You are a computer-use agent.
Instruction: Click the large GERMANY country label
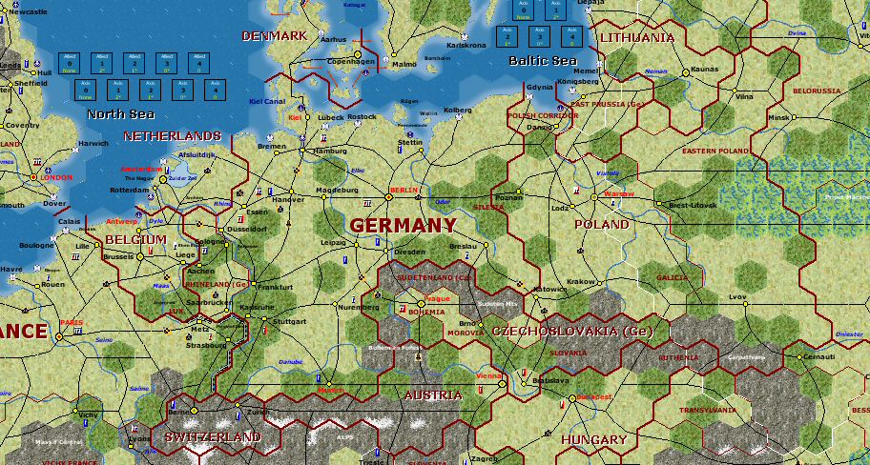tap(403, 226)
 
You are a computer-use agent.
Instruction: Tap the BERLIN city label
tap(404, 191)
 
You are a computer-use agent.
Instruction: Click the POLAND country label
tap(601, 225)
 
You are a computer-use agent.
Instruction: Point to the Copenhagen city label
tap(351, 62)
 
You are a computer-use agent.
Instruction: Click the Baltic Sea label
tap(543, 61)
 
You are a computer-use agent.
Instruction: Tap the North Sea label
tap(120, 114)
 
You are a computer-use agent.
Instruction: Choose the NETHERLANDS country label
tap(172, 136)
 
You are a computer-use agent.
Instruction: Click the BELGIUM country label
tap(135, 239)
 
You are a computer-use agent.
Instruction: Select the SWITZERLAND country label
tap(212, 436)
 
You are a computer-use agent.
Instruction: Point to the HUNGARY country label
tap(593, 440)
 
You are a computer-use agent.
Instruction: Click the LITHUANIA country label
tap(636, 38)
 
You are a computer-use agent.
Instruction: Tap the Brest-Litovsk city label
tap(692, 206)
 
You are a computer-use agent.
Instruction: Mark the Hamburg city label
tap(330, 151)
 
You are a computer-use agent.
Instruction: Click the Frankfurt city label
tap(274, 287)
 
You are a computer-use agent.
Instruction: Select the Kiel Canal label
tap(266, 100)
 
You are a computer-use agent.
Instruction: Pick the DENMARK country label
tap(274, 36)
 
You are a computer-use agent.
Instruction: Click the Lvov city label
tap(737, 297)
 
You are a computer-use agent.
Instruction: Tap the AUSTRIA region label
tap(433, 394)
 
